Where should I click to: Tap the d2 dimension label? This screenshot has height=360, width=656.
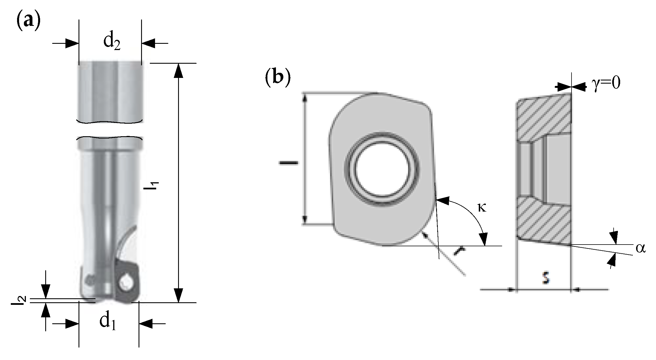tap(112, 42)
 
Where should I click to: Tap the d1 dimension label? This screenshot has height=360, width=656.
tap(108, 322)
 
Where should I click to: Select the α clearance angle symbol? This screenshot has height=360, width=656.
tap(641, 249)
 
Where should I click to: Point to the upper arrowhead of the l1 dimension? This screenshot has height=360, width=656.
tap(178, 71)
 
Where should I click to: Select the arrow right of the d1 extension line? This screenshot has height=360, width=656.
tap(151, 324)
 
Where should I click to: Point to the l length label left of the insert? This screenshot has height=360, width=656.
tap(289, 163)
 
